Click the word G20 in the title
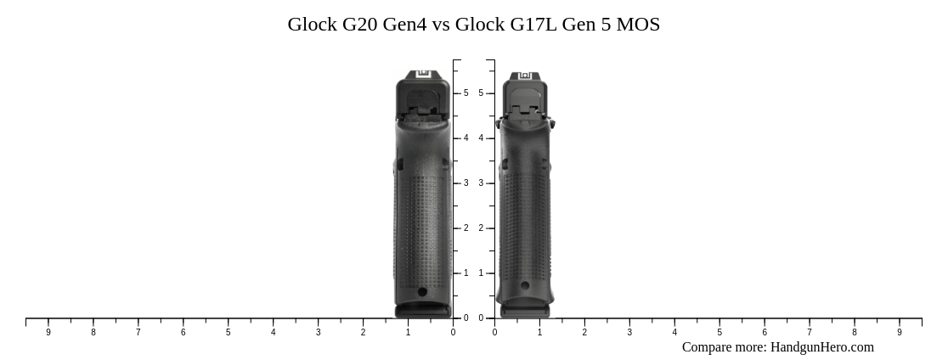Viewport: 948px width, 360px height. tap(360, 25)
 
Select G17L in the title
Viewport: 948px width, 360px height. tap(533, 25)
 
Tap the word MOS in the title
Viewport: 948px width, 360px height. tap(638, 25)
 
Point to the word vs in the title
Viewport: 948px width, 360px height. tap(441, 25)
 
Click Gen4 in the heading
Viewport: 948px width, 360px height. tap(406, 25)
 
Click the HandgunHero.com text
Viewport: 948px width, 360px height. tap(821, 347)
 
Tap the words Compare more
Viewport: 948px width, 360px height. tap(724, 347)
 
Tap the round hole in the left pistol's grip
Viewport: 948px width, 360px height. tap(422, 292)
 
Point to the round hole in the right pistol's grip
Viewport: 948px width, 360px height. tap(525, 286)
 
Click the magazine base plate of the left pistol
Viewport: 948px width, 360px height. tap(423, 311)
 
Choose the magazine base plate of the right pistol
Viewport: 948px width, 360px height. tap(524, 312)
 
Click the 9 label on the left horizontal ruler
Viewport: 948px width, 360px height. tap(48, 333)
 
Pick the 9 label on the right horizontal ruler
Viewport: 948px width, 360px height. tap(900, 333)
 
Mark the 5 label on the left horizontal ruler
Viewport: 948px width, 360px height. tap(228, 333)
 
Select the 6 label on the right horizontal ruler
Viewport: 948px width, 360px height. tap(765, 333)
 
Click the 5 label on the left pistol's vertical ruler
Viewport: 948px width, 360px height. tap(466, 93)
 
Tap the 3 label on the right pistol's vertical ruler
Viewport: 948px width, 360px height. tap(481, 183)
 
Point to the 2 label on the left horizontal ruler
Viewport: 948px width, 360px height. tap(363, 333)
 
